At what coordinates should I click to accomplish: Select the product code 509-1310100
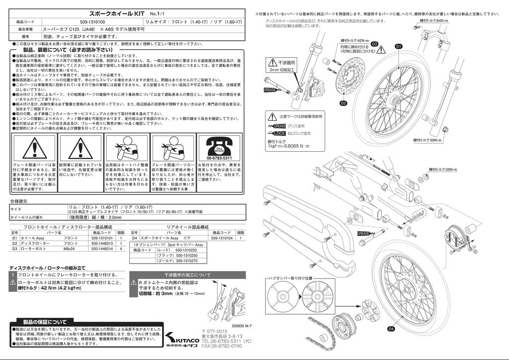click(92, 22)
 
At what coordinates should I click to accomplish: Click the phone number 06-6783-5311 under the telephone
click(219, 158)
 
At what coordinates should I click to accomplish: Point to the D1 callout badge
click(398, 46)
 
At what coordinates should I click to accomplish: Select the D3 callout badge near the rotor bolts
click(375, 44)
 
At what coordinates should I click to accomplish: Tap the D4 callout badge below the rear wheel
click(391, 329)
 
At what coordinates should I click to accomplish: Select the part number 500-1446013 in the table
click(102, 244)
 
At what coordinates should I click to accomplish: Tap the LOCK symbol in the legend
click(279, 134)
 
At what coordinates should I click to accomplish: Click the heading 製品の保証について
click(44, 321)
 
